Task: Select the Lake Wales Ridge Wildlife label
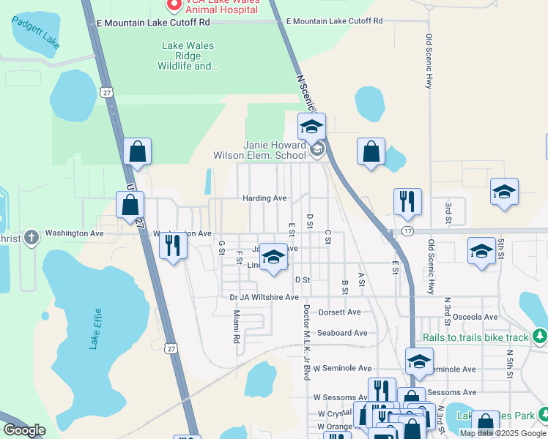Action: tap(188, 56)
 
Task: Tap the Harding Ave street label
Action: tap(264, 198)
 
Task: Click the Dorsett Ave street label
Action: tap(339, 312)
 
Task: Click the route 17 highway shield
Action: tap(407, 231)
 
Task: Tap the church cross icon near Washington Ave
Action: tap(31, 237)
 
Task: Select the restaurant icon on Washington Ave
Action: tap(173, 245)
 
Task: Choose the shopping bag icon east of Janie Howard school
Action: tap(371, 152)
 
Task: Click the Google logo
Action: tap(23, 429)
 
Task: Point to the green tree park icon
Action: tap(541, 336)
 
